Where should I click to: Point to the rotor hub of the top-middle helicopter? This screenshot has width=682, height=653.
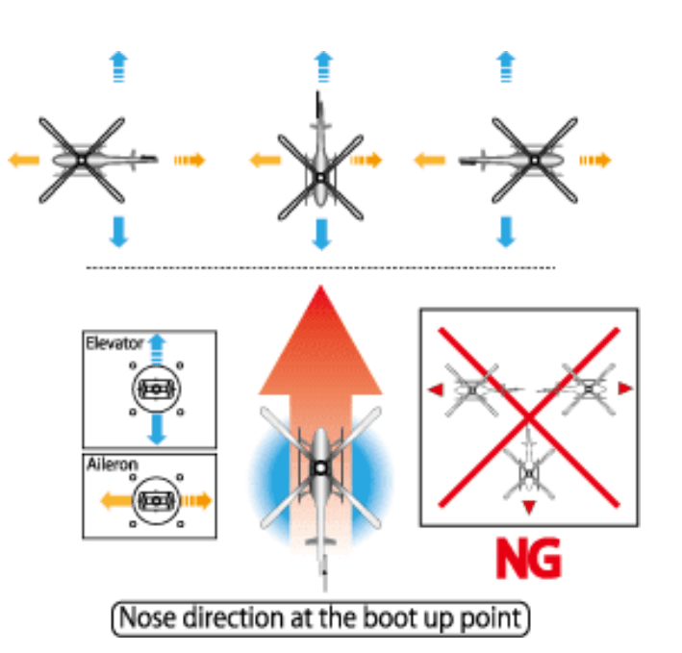[x=320, y=177]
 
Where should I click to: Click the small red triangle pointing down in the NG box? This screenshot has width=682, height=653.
[x=528, y=507]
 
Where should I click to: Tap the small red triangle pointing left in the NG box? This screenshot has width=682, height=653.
[x=438, y=389]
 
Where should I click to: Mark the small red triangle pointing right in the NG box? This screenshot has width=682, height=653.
[x=625, y=388]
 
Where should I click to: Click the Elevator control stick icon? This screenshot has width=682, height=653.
[x=154, y=389]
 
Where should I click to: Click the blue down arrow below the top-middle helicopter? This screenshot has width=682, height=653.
[x=321, y=233]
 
